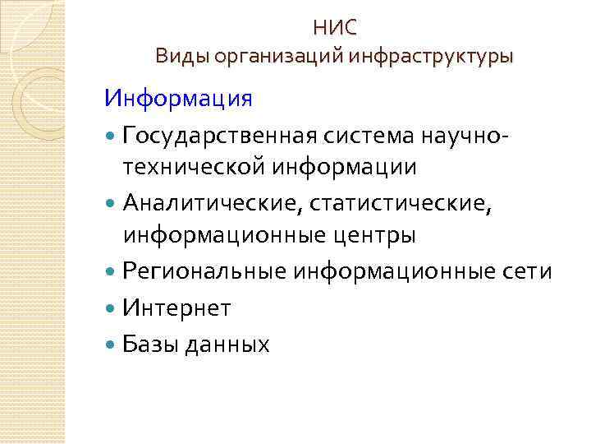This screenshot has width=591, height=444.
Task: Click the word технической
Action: [x=192, y=168]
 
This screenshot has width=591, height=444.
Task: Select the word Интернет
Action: [x=176, y=308]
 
